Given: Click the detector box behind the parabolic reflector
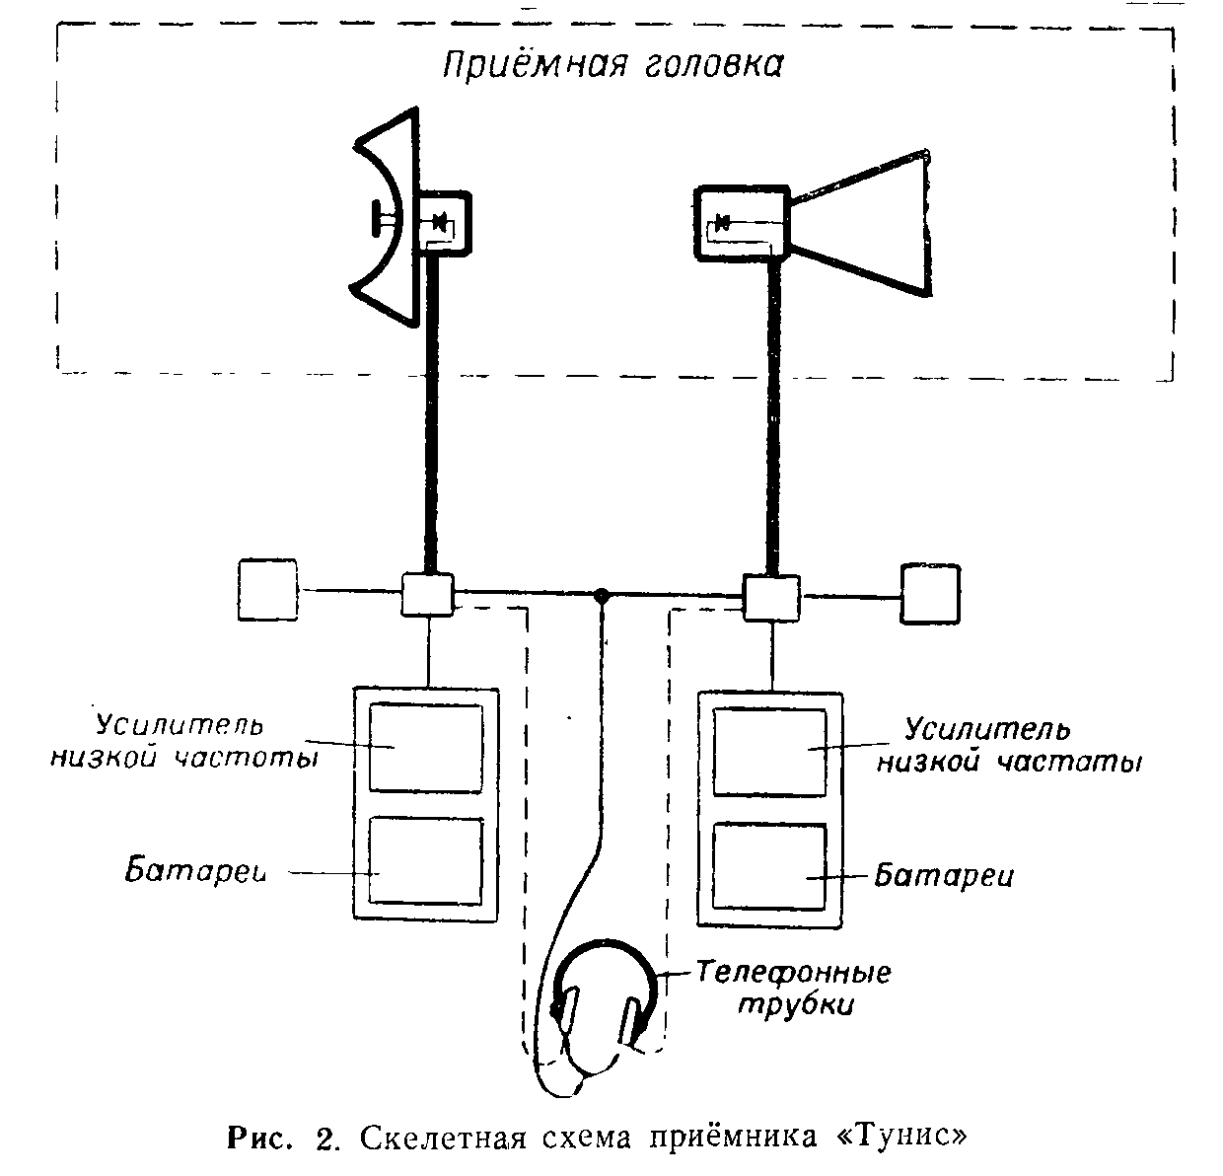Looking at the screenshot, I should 445,224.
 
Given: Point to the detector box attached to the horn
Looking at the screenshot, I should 741,224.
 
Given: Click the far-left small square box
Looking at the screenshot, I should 267,590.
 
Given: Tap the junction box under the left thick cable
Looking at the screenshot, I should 427,595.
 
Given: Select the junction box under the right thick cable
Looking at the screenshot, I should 771,597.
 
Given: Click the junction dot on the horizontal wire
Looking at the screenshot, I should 601,596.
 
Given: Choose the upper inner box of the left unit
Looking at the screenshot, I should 426,748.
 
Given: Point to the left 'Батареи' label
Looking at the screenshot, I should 197,872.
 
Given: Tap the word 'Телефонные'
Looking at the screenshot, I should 794,973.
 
